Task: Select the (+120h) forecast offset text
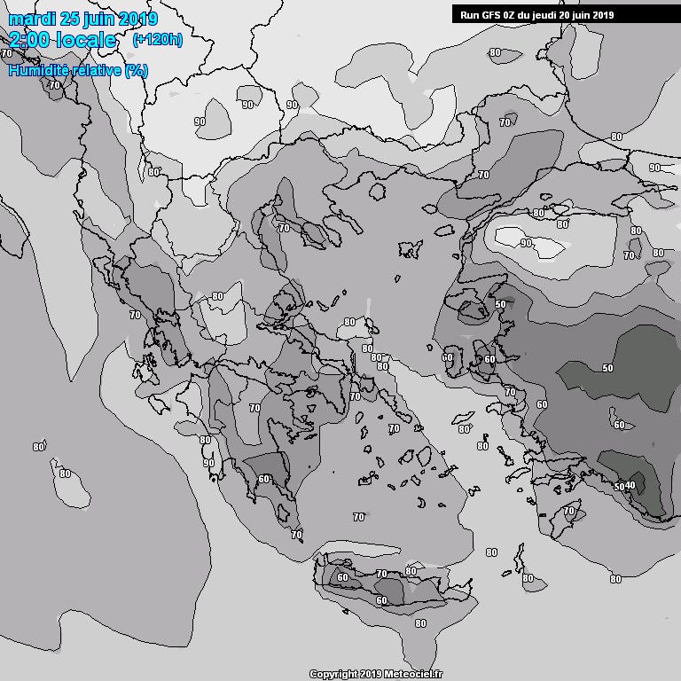point(157,40)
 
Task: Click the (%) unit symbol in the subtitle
point(136,70)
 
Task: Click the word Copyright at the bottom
point(334,674)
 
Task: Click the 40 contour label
point(630,485)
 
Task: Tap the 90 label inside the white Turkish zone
point(526,243)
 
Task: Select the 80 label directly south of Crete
point(420,622)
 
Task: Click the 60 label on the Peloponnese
point(264,479)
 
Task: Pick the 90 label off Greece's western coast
point(208,462)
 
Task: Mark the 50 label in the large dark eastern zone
point(607,367)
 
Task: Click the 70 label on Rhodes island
point(569,512)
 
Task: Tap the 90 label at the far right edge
point(654,168)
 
